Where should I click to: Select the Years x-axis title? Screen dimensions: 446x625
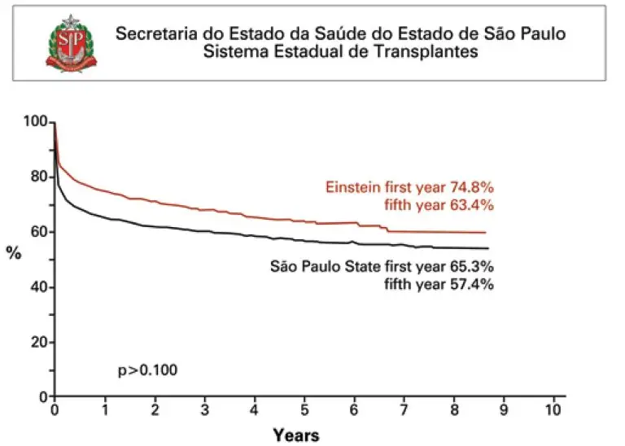295,435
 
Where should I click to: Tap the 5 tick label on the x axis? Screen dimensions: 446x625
304,409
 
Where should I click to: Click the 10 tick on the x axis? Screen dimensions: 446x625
554,409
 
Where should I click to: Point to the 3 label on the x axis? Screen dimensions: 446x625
204,409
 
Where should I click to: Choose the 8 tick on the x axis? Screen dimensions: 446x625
454,409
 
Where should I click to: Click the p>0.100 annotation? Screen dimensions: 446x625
148,370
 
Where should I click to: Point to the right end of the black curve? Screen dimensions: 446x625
487,248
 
